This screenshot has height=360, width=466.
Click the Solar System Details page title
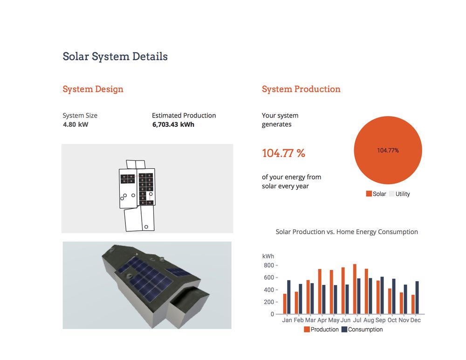(115, 56)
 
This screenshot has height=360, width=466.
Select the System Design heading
(93, 89)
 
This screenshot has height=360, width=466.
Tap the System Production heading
(301, 89)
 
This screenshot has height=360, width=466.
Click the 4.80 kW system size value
(75, 125)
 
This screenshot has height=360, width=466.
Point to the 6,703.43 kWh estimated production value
(173, 125)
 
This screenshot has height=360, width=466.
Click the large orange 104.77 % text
(283, 153)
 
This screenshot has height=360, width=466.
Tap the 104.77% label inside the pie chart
(388, 151)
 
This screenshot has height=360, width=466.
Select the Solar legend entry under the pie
(376, 194)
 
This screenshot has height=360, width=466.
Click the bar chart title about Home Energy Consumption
(347, 232)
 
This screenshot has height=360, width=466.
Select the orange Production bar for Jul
(355, 289)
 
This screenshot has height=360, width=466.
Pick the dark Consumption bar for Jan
(289, 297)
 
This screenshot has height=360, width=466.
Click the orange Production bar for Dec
(413, 304)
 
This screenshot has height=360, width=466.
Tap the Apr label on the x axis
(322, 320)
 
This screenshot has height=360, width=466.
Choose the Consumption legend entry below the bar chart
(362, 329)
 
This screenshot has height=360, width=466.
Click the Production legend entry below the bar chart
(322, 329)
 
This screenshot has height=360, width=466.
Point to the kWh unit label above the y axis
(268, 256)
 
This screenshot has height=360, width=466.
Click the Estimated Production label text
(184, 115)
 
